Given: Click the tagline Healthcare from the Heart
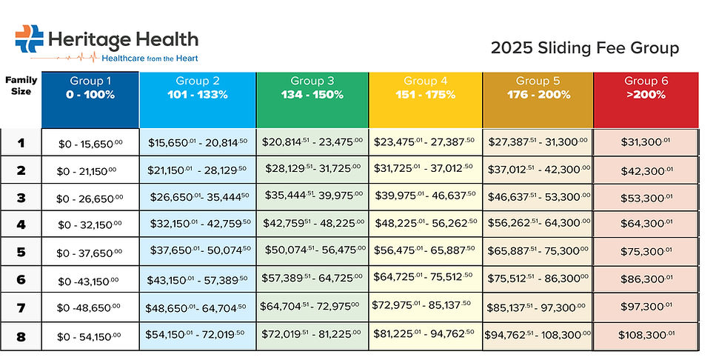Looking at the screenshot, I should click(150, 57).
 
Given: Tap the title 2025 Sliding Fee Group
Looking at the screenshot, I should click(584, 49).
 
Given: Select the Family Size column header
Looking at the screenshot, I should click(21, 86).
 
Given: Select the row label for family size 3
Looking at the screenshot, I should click(21, 198).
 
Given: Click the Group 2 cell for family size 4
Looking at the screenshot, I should click(198, 225).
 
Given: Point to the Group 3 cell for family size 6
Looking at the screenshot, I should click(312, 280).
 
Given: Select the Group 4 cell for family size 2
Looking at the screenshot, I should click(426, 170).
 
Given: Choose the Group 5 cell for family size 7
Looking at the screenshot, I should click(538, 308).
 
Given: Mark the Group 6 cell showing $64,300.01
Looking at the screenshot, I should click(646, 225).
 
